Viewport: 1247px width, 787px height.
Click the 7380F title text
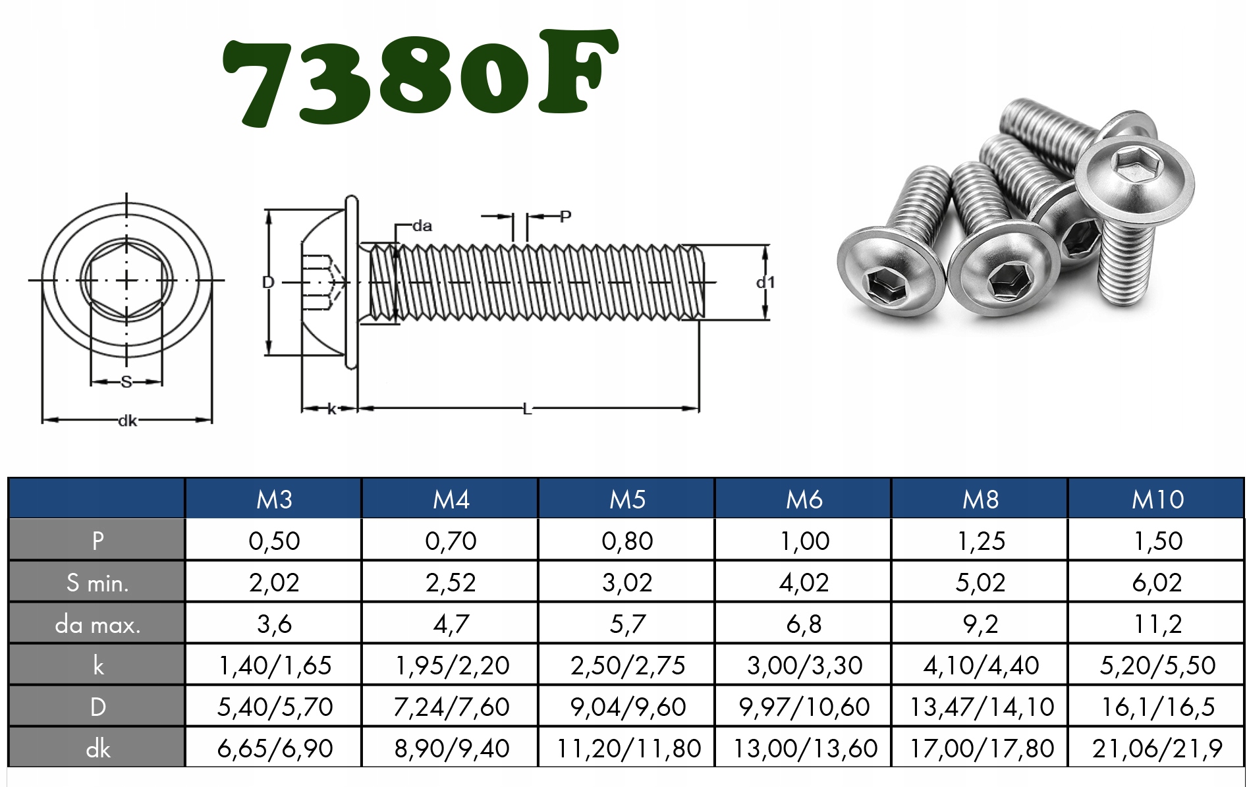pos(420,78)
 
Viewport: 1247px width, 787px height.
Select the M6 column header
pos(804,499)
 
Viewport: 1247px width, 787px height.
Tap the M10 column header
pos(1157,499)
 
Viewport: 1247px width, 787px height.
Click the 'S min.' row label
pos(97,582)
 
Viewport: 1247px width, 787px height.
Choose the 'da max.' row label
pos(97,624)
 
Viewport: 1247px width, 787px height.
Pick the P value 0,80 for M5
pos(627,541)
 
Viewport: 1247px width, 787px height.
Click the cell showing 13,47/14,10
pos(982,707)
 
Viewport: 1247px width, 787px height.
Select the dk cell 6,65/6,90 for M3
pos(275,748)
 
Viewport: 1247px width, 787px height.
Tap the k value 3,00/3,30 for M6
pos(804,665)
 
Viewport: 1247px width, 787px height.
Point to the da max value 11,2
pos(1157,624)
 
